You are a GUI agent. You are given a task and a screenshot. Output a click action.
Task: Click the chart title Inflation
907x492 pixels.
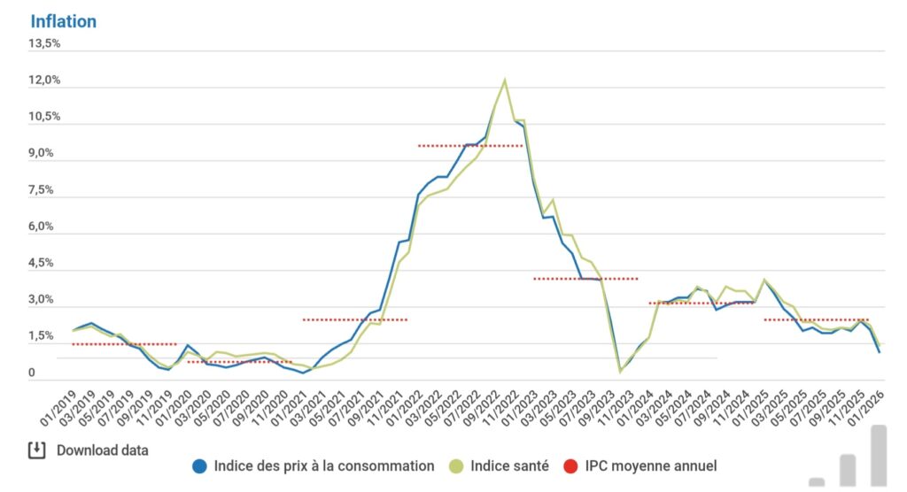pos(63,21)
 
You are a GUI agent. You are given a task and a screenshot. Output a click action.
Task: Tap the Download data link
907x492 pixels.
pos(102,450)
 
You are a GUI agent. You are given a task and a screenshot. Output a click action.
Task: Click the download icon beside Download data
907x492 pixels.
pos(36,450)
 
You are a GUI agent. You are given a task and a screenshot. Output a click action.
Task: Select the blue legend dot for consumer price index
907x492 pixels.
pos(200,466)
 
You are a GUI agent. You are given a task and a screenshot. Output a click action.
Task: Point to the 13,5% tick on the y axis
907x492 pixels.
pos(44,43)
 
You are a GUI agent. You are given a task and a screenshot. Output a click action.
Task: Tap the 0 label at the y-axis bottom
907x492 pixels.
pos(32,373)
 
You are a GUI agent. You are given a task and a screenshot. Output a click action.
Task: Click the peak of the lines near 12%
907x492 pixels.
pos(505,81)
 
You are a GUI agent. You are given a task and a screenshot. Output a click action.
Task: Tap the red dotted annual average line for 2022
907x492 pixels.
pos(470,145)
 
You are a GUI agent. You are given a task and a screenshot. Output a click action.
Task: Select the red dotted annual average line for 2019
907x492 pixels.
pos(124,344)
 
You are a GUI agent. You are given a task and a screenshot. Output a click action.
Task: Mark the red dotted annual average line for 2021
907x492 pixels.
pos(354,319)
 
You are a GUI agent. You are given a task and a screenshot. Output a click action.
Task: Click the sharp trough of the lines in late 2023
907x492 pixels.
pos(620,371)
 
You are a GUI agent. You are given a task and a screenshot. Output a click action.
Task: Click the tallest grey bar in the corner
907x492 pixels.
pos(878,456)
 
